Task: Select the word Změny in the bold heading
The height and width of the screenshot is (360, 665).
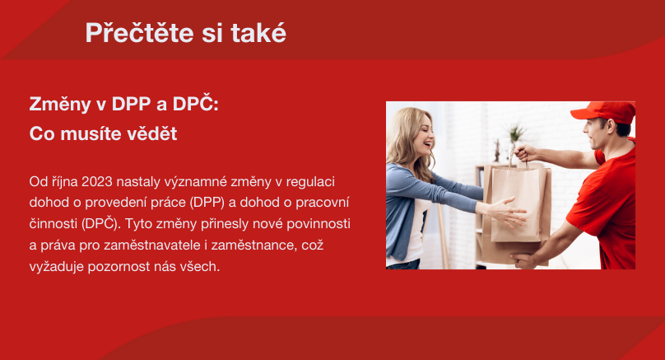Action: coord(60,105)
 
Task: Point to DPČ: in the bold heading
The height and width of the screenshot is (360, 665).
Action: coord(196,103)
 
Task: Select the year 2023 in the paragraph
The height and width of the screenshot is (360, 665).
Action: coord(96,182)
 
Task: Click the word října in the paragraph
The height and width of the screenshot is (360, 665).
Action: coord(65,182)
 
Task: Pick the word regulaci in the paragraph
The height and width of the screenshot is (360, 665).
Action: coord(310,182)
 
